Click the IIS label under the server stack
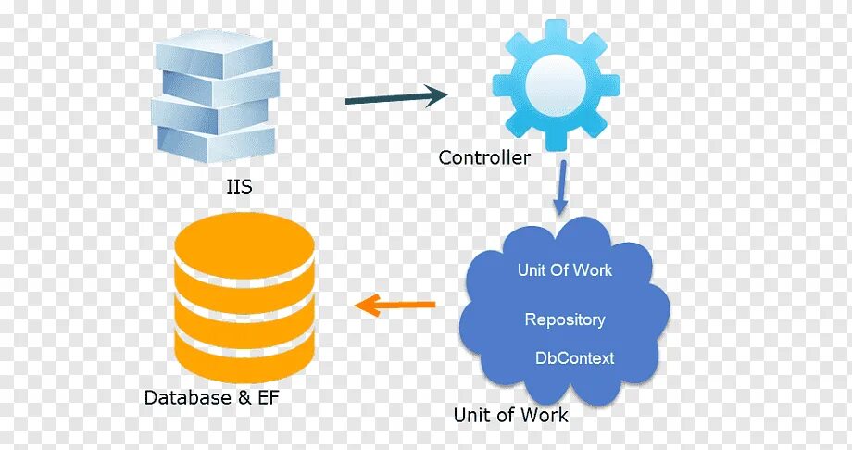pyautogui.click(x=239, y=187)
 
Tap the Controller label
pyautogui.click(x=484, y=157)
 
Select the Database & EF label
pyautogui.click(x=211, y=397)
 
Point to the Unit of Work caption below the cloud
pyautogui.click(x=510, y=414)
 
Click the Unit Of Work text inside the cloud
pyautogui.click(x=565, y=270)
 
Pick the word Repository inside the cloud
pyautogui.click(x=565, y=319)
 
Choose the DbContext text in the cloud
pyautogui.click(x=574, y=357)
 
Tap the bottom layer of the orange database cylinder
pyautogui.click(x=244, y=353)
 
